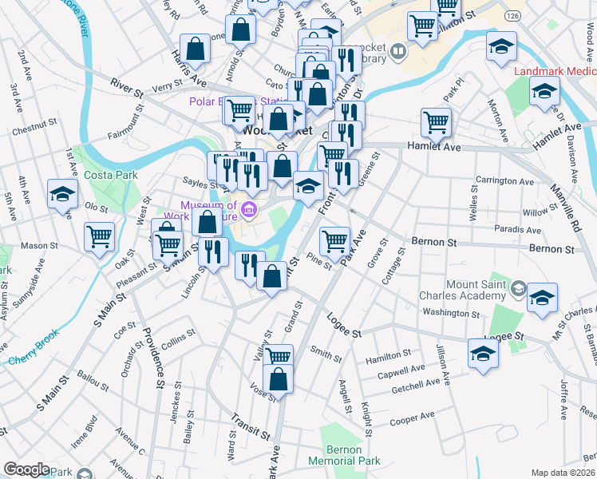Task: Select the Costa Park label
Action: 114,175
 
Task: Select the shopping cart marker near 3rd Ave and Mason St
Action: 100,236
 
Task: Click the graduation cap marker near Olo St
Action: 62,194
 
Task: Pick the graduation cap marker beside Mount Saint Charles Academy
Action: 543,297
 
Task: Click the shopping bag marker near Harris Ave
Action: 195,49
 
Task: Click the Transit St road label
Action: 250,426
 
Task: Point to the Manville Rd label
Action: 563,201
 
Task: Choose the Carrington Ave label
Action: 504,181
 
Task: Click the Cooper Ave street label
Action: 412,417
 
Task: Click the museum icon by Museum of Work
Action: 249,211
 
